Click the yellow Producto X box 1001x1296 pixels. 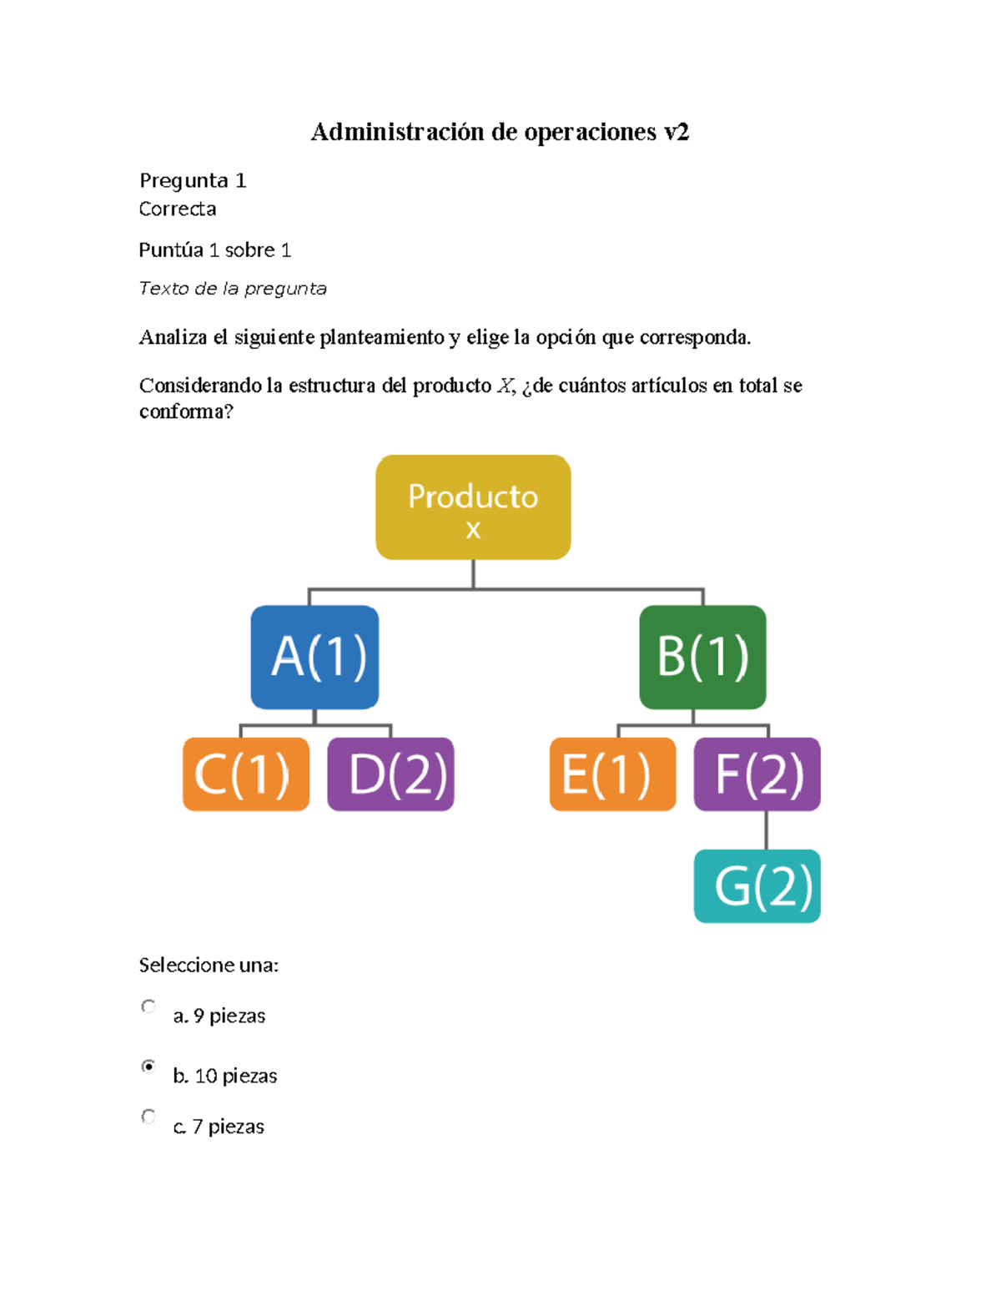[473, 507]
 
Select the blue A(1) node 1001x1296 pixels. [314, 657]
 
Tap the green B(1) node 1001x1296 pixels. [702, 657]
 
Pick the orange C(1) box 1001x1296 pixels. [246, 774]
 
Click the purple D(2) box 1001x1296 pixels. [390, 774]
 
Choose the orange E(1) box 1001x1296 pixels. [612, 774]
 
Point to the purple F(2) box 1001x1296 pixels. [757, 774]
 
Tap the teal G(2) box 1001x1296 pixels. [757, 886]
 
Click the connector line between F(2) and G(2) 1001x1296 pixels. [766, 830]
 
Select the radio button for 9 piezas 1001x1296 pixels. [148, 1006]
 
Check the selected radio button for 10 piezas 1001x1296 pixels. [148, 1066]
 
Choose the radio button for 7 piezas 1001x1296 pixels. [148, 1116]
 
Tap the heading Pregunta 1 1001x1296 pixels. [193, 180]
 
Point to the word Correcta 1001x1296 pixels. [178, 209]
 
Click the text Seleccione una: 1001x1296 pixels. [209, 966]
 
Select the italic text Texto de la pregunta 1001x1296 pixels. [233, 289]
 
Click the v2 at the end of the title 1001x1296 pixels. [677, 132]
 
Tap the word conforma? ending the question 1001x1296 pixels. [186, 411]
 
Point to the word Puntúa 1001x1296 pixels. [171, 250]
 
